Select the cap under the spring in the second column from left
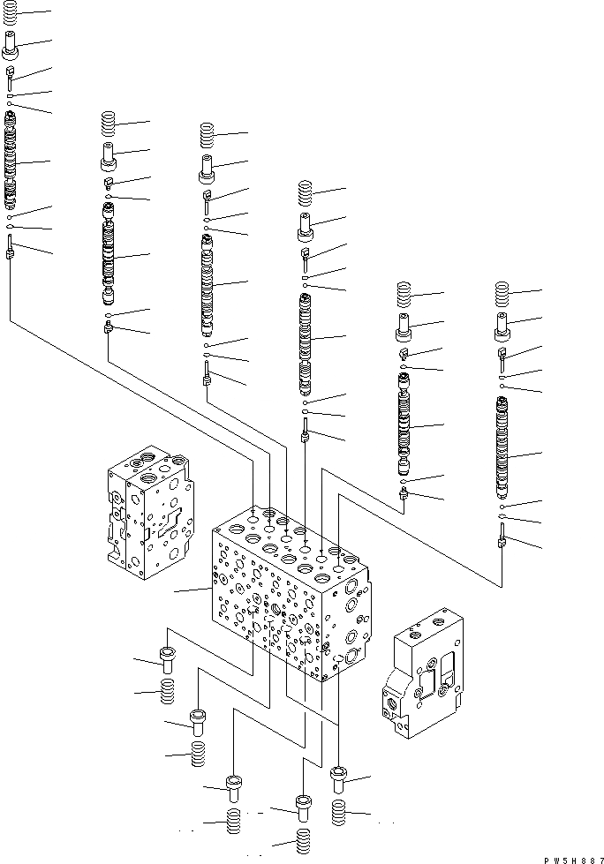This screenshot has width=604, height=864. tap(109, 160)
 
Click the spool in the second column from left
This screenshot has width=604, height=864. tap(109, 255)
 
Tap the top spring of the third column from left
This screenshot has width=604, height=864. tap(208, 135)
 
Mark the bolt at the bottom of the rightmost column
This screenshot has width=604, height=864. tap(502, 539)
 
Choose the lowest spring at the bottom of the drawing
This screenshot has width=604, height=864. tap(303, 842)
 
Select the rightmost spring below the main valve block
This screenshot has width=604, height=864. tap(339, 813)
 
